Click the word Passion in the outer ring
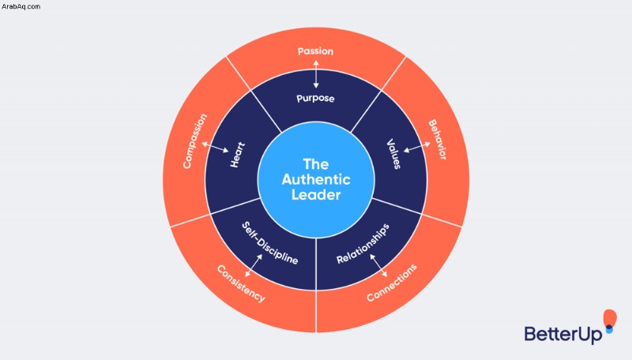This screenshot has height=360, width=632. tap(315, 51)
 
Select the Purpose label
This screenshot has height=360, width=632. tap(315, 98)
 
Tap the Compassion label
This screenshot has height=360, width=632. tap(194, 141)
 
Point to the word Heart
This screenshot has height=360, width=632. tap(238, 155)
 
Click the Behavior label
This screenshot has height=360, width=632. tap(438, 140)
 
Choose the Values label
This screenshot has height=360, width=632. tap(393, 154)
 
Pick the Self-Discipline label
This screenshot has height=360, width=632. tap(269, 243)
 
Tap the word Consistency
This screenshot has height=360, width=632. tap(241, 283)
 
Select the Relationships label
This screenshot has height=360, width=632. tap(363, 244)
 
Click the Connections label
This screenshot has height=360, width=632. tap(392, 283)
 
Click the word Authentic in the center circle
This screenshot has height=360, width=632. tap(316, 179)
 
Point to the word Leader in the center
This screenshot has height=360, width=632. tap(316, 195)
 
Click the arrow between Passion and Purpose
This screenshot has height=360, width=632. tap(316, 74)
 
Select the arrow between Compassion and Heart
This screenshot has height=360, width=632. tap(215, 147)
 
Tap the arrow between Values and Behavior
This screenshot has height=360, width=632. tap(417, 147)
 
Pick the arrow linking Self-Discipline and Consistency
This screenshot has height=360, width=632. tap(254, 265)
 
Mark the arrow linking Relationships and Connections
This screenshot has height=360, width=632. tap(378, 265)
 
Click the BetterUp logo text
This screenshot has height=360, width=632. tap(563, 334)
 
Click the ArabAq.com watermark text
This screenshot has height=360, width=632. tap(21, 6)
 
